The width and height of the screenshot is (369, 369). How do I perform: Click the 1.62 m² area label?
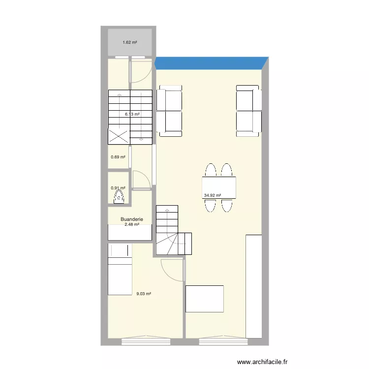(129, 43)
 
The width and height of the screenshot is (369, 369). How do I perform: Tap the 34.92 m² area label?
(212, 195)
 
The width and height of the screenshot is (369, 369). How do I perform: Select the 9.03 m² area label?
(143, 294)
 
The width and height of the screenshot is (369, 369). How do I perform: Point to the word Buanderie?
(130, 219)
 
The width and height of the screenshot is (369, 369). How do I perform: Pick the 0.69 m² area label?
(118, 157)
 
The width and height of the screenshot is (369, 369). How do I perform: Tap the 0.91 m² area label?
(118, 187)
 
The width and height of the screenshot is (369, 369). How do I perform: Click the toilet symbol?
(119, 198)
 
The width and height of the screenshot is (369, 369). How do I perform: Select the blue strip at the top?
(212, 63)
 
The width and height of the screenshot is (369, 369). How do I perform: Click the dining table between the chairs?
(218, 187)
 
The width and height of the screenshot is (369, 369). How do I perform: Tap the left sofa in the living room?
(170, 111)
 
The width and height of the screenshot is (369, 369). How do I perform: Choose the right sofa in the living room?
(248, 111)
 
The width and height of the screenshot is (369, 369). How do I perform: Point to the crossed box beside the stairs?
(119, 136)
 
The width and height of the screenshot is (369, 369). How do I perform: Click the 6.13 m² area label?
(132, 114)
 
